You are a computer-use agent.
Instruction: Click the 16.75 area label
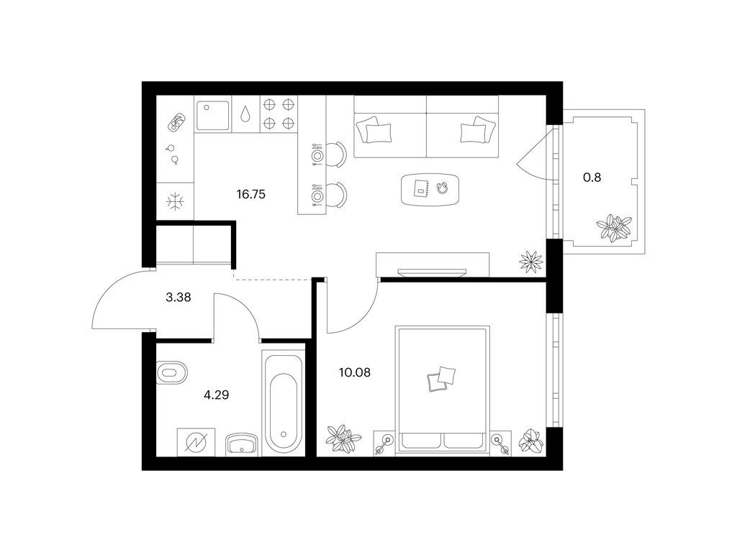click(251, 194)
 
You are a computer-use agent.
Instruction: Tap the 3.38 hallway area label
click(178, 297)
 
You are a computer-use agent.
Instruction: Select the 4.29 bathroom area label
click(216, 395)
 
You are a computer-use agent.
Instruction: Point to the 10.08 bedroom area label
click(355, 373)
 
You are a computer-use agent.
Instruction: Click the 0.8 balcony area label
click(592, 178)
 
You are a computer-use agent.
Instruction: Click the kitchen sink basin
click(212, 116)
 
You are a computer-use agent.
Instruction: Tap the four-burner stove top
click(279, 113)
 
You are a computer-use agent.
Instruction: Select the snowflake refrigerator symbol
click(176, 202)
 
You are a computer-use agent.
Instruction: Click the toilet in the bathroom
click(171, 373)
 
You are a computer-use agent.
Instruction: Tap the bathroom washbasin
click(242, 443)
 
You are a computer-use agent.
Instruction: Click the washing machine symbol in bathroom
click(196, 442)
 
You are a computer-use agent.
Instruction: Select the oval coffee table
click(430, 189)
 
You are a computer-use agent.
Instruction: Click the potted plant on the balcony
click(614, 228)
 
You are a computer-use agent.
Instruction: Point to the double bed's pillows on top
click(441, 379)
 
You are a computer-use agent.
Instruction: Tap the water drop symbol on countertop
click(245, 114)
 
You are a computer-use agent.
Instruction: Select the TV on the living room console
click(432, 272)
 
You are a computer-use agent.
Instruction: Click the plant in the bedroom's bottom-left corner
click(344, 440)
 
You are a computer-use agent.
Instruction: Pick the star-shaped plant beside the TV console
click(531, 262)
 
